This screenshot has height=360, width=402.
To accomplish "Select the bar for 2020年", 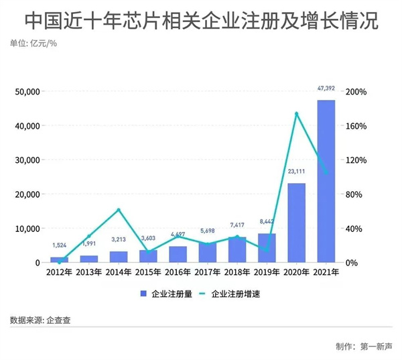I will coord(296,223).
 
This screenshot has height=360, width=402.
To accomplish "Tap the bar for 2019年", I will coord(267,247).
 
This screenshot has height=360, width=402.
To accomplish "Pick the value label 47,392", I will coord(326,87).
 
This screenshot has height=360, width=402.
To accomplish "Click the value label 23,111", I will coord(296,172).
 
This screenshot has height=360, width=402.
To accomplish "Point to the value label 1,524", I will coord(59,245).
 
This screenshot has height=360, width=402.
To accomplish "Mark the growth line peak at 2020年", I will coord(296,113).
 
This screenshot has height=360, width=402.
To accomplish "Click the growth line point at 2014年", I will coord(119,210).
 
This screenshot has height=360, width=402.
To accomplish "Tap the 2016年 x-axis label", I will coord(178,272).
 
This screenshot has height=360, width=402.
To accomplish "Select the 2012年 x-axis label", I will coord(59,272).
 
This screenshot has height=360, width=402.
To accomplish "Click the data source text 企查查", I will coord(58,320).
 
